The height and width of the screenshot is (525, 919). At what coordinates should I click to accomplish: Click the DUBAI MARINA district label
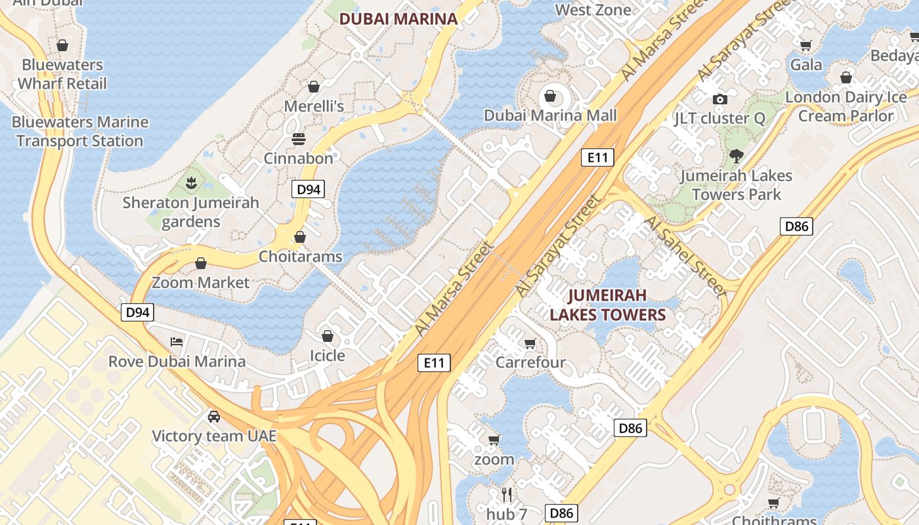click(x=398, y=18)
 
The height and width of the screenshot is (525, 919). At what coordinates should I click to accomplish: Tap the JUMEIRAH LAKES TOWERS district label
click(x=607, y=304)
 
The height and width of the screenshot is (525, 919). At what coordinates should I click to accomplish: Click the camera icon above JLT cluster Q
click(x=720, y=99)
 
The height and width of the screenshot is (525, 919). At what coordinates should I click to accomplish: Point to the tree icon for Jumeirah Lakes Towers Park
click(x=736, y=156)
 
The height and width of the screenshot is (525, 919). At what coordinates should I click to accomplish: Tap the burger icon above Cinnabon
click(x=299, y=139)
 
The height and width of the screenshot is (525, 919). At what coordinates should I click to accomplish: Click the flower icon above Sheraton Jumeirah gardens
click(x=191, y=183)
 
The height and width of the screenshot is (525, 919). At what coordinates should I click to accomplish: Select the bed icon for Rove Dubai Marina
click(x=177, y=341)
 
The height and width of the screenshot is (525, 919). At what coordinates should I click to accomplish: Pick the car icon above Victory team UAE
click(x=214, y=416)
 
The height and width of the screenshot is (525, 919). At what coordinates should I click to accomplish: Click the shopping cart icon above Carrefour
click(x=530, y=343)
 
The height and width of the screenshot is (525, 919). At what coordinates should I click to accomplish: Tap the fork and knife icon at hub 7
click(x=507, y=494)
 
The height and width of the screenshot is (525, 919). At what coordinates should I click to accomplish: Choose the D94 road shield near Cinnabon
click(x=308, y=190)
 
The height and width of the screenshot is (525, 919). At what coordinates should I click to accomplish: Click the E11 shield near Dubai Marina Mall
click(x=597, y=157)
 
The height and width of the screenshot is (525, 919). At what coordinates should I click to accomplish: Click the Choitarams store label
click(x=301, y=256)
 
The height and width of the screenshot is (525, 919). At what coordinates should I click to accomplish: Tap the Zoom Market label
click(x=201, y=283)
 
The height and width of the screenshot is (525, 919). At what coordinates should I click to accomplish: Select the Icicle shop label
click(x=327, y=355)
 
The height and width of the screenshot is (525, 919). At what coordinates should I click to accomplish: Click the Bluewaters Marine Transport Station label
click(x=80, y=131)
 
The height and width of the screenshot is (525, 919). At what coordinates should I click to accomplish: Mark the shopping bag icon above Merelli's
click(x=314, y=87)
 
